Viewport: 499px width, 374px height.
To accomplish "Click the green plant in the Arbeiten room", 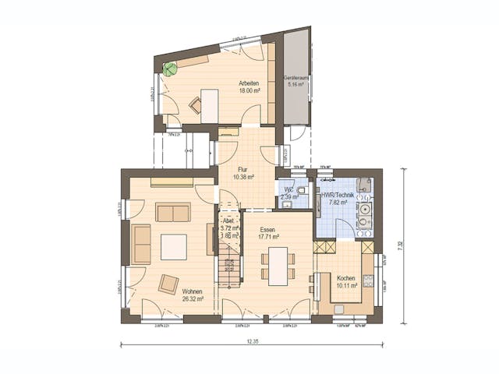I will (x=170, y=68).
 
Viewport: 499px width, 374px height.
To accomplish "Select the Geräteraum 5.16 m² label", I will (x=296, y=82).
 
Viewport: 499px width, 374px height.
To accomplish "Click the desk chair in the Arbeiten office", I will (x=195, y=108).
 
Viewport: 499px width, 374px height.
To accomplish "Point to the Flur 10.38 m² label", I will (x=241, y=173).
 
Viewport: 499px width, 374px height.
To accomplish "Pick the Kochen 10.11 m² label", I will (x=346, y=281).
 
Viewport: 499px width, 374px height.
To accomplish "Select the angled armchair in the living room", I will (x=168, y=284).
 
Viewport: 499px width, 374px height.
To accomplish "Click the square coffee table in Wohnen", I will (x=174, y=246).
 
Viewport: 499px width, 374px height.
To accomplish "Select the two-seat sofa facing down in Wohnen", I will (x=172, y=212).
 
